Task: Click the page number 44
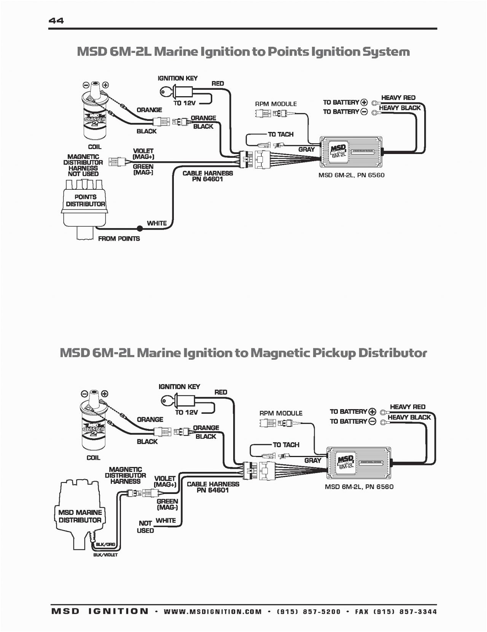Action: (x=56, y=21)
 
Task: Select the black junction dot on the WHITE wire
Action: (x=140, y=229)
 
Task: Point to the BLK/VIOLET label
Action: (x=105, y=555)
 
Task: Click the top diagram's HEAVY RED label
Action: (x=398, y=98)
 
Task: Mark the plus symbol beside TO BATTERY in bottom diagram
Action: (x=372, y=411)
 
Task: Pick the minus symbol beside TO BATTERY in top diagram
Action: (x=364, y=112)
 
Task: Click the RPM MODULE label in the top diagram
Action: (x=276, y=104)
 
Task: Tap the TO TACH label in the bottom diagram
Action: (x=286, y=445)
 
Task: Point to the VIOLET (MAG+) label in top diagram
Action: (x=143, y=154)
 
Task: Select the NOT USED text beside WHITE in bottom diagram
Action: (x=145, y=527)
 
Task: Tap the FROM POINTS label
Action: (x=119, y=238)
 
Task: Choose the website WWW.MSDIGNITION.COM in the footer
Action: (x=213, y=611)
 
